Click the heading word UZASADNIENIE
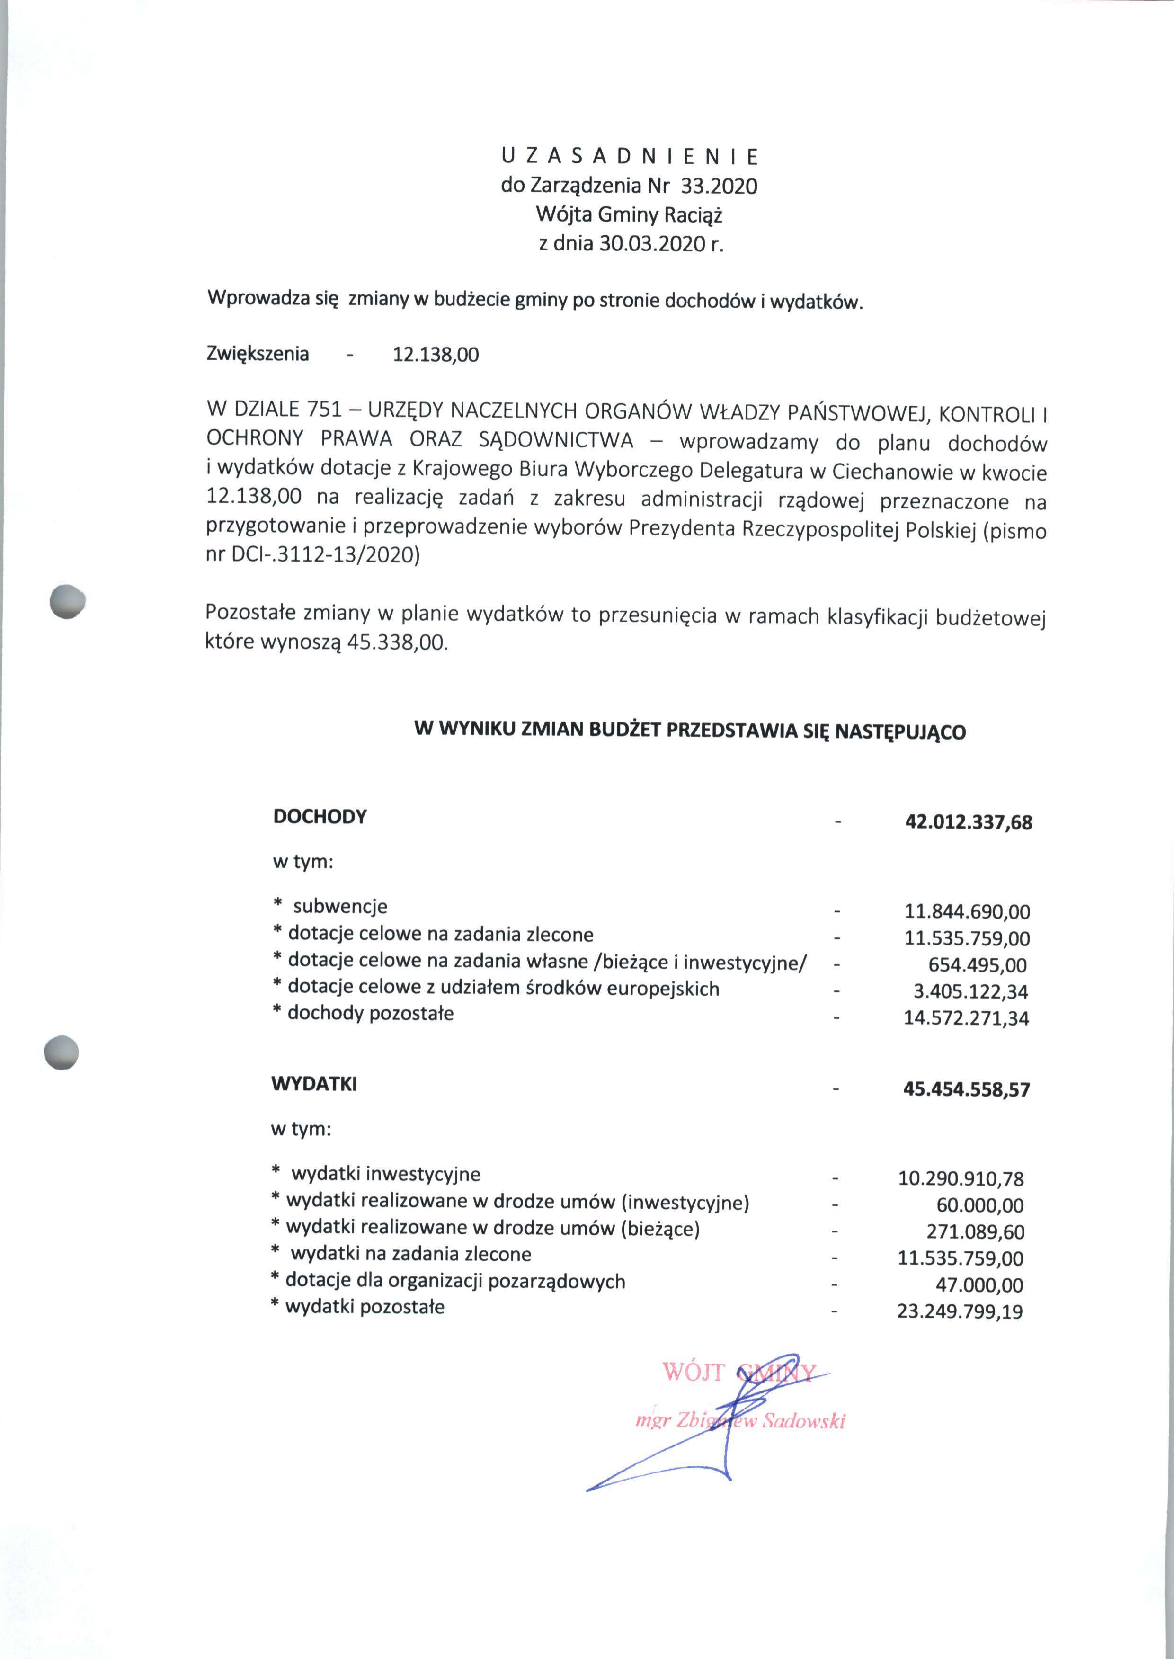[629, 156]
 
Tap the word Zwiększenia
[258, 354]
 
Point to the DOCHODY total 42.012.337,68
[968, 822]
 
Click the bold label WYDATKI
[314, 1084]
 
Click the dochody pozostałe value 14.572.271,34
[966, 1018]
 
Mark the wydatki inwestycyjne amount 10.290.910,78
[961, 1179]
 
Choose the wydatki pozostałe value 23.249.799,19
[960, 1311]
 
